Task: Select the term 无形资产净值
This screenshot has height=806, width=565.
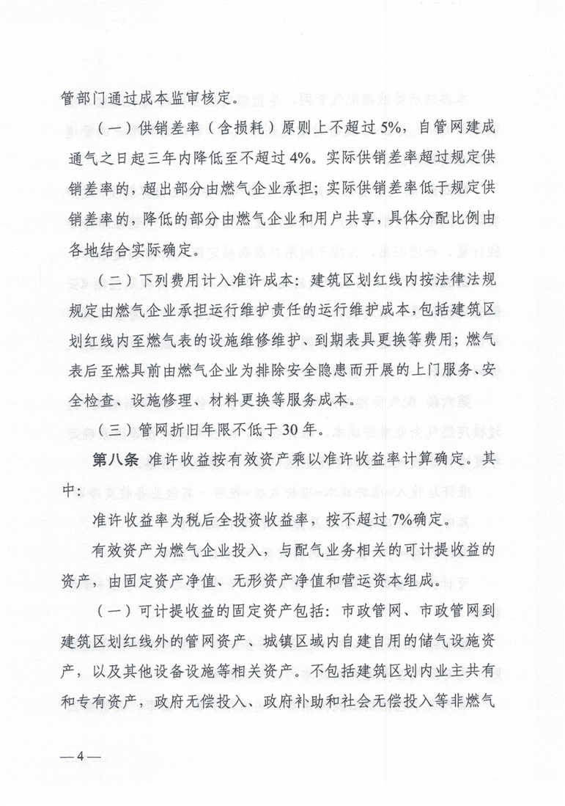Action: pos(292,582)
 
